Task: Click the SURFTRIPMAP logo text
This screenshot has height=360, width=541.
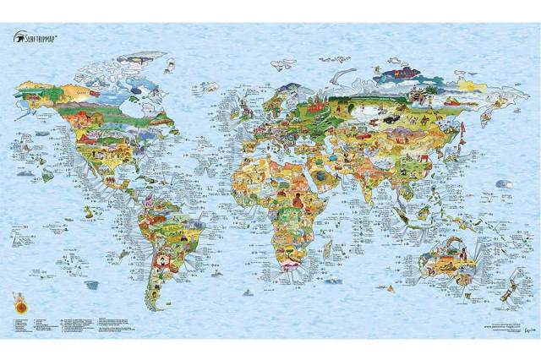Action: coord(45,36)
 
